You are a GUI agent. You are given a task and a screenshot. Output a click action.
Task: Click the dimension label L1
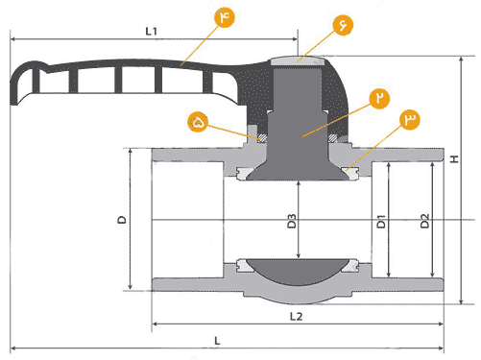(152, 31)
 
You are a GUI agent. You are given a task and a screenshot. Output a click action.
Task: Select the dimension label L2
(296, 317)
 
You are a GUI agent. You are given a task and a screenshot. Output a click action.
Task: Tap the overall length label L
(217, 341)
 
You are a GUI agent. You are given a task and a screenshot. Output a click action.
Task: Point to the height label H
(454, 159)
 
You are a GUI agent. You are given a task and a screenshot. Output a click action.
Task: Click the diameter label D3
(292, 221)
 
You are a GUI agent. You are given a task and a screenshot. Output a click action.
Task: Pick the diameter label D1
(381, 222)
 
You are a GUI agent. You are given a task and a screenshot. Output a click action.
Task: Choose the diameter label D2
(424, 221)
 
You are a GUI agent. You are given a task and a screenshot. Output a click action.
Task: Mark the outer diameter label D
(122, 220)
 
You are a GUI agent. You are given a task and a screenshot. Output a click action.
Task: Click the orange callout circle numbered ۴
(225, 17)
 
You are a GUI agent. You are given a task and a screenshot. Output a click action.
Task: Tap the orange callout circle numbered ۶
(343, 25)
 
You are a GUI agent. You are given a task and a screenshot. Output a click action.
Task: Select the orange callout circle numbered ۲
(379, 98)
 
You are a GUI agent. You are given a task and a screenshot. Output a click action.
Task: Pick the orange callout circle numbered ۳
(410, 120)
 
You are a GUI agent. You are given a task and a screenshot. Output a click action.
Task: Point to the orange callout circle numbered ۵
(198, 122)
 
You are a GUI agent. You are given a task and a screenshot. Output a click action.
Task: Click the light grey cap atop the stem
(298, 61)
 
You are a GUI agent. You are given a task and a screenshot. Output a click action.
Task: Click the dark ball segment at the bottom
(297, 272)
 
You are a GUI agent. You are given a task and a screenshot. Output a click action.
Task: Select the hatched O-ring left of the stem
(262, 138)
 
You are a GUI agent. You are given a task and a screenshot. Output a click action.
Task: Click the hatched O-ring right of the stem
(332, 138)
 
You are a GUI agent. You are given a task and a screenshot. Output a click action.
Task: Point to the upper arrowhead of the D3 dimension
(299, 183)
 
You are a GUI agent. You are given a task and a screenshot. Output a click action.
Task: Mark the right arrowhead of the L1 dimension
(295, 39)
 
